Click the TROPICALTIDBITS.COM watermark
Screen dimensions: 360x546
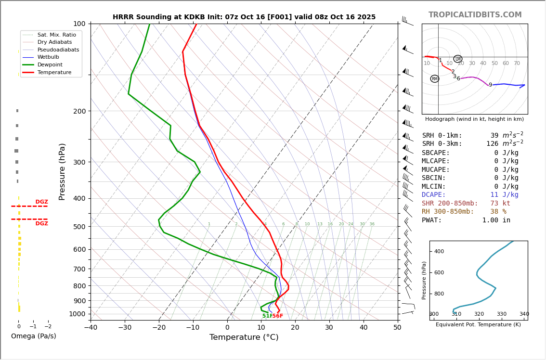(x=475, y=15)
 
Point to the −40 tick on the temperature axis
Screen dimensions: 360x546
(x=91, y=328)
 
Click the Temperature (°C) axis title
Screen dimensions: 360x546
(x=244, y=337)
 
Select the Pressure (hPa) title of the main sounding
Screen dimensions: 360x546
(x=62, y=171)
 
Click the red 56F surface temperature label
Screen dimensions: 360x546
(x=278, y=316)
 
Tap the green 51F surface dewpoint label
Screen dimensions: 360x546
(x=267, y=316)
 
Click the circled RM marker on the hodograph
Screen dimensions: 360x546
(x=435, y=79)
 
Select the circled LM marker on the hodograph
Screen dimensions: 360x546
(x=457, y=59)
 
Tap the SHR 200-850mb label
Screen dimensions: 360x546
(x=450, y=204)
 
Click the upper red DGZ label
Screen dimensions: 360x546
(x=41, y=202)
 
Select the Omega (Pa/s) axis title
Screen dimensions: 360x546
(x=33, y=336)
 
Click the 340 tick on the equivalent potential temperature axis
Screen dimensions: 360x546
(x=524, y=314)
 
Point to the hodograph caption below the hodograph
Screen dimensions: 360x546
(x=474, y=119)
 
